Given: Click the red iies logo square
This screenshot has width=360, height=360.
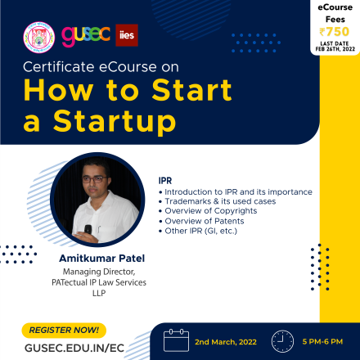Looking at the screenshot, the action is (127, 35).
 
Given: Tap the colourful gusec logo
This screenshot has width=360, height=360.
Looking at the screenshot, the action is (86, 35).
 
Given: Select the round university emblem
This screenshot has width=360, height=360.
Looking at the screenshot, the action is (39, 38).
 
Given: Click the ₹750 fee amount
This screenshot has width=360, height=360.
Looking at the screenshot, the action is (335, 32).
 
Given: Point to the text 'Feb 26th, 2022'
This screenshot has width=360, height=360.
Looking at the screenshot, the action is (335, 49).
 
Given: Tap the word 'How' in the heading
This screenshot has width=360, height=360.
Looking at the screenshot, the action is (58, 90).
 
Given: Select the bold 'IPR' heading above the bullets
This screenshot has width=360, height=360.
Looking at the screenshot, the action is (165, 181).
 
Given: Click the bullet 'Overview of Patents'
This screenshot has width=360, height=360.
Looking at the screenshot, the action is (205, 221).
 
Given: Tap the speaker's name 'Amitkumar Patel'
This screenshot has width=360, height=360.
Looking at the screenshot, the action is (102, 259).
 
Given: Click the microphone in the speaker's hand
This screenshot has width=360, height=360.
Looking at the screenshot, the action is (88, 229).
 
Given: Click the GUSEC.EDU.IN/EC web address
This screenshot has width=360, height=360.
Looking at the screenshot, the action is (74, 348).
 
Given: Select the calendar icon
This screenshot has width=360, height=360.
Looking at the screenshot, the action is (176, 340).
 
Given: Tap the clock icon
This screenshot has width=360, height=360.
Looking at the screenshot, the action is (282, 341).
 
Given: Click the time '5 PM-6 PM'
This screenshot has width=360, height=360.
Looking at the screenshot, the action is (322, 341).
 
